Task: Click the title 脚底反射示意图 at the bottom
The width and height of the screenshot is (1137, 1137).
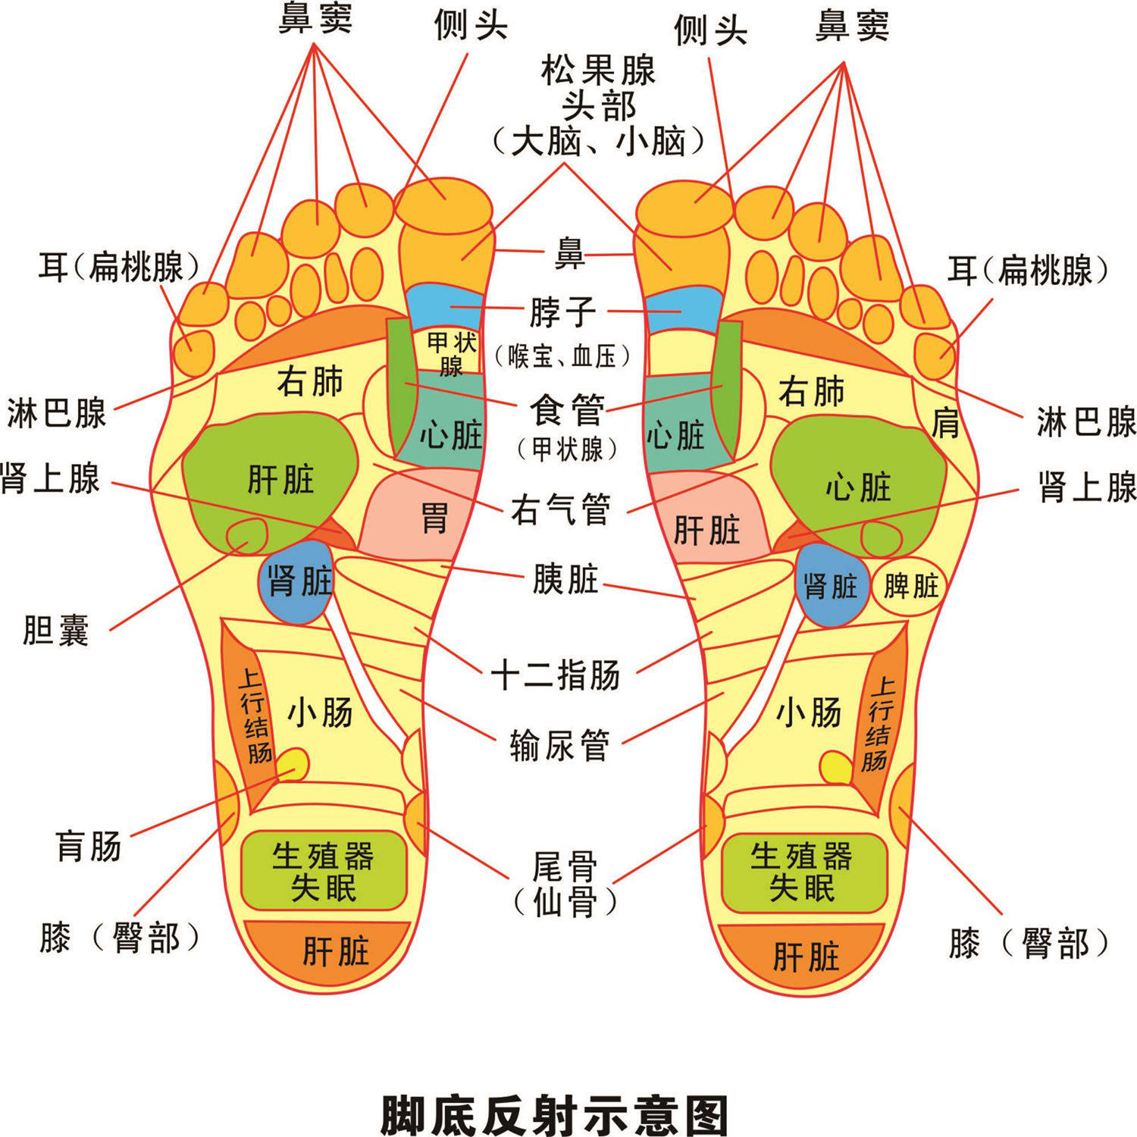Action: (x=554, y=1114)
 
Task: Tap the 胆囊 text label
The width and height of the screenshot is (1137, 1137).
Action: (x=56, y=630)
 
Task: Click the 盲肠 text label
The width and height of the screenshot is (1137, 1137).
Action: (x=89, y=846)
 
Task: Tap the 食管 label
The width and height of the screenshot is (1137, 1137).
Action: (x=567, y=410)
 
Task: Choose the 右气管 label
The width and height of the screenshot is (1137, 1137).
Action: (x=561, y=509)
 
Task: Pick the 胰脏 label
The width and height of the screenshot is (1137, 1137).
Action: (x=565, y=580)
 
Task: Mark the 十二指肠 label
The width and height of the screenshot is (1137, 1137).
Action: (x=556, y=674)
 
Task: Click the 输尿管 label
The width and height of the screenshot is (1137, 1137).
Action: (x=559, y=745)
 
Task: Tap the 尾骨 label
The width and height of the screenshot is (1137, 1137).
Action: (x=565, y=866)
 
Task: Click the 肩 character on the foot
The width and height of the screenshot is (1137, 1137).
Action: (x=945, y=422)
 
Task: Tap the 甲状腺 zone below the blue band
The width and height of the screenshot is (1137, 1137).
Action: (x=452, y=352)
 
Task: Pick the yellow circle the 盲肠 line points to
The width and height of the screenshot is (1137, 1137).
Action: (x=293, y=765)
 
